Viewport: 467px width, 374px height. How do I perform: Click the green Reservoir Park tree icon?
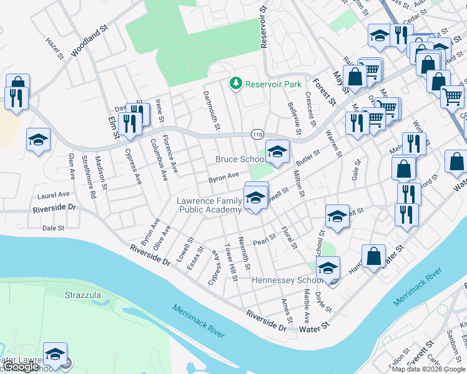click(236, 84)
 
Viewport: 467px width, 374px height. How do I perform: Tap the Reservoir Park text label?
click(273, 84)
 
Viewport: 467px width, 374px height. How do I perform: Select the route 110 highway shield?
click(257, 134)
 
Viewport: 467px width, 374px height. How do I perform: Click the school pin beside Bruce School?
click(277, 151)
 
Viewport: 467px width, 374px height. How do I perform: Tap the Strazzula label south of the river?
click(81, 293)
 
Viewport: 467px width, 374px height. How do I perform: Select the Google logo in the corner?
click(22, 367)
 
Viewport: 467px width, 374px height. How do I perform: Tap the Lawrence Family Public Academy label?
click(209, 205)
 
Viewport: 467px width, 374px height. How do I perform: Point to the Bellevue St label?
click(293, 119)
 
